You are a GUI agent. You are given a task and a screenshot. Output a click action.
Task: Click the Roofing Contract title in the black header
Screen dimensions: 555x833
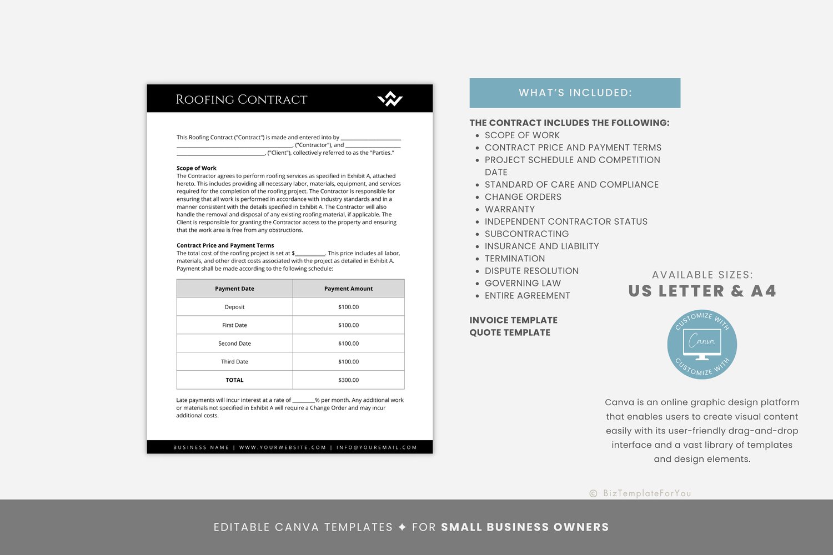[242, 99]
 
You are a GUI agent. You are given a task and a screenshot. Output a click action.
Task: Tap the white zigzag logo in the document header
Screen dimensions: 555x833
[390, 99]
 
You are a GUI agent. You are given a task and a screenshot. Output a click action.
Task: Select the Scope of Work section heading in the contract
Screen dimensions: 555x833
[197, 168]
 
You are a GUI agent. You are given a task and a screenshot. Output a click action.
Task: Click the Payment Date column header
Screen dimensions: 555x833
[234, 289]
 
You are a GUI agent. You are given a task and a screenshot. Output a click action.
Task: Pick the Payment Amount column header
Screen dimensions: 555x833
[348, 289]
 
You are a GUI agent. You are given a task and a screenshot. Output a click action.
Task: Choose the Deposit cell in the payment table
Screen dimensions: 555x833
[234, 307]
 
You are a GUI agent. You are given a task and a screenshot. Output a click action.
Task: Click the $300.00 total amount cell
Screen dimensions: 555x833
[348, 380]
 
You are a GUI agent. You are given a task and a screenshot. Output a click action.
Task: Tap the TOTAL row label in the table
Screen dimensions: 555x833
[234, 380]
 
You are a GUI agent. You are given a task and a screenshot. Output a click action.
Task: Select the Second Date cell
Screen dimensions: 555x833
[234, 344]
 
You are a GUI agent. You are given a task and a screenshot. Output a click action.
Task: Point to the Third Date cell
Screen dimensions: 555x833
[234, 362]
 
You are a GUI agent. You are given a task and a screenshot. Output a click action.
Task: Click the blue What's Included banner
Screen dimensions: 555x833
[575, 93]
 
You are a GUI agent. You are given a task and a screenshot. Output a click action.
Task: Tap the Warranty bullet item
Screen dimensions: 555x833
[509, 209]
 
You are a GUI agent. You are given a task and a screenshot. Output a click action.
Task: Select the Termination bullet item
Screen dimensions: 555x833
[514, 259]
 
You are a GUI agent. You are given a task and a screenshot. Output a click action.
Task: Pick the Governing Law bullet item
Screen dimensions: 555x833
[523, 283]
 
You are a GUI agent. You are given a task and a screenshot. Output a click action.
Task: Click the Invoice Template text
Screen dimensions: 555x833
[513, 320]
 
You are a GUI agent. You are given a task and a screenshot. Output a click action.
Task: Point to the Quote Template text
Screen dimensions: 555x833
[510, 332]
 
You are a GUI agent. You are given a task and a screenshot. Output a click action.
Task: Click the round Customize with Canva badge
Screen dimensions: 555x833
[702, 345]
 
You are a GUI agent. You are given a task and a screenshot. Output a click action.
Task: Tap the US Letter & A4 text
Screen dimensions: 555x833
[702, 291]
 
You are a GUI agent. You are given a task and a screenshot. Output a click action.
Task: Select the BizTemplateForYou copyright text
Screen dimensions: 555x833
[641, 493]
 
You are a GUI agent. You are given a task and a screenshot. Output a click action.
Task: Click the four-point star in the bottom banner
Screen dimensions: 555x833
[403, 527]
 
